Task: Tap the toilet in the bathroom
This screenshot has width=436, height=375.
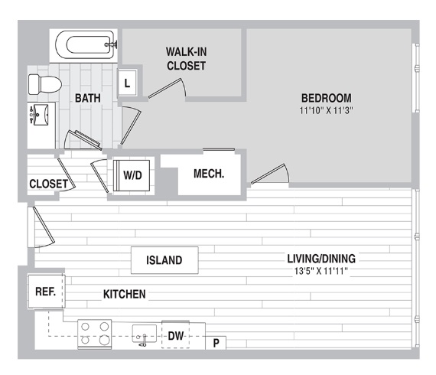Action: (45, 85)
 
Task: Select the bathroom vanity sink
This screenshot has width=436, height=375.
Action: (41, 115)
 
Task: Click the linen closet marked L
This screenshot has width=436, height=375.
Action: (127, 83)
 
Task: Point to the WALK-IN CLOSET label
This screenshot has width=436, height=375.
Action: (187, 59)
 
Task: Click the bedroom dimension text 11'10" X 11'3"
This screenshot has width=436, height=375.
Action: (326, 111)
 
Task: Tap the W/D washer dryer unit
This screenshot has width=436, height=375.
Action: (132, 175)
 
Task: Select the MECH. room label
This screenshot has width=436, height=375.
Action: (209, 174)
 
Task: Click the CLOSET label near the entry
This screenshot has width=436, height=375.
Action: (48, 184)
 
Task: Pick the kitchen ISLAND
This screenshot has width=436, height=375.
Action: (164, 260)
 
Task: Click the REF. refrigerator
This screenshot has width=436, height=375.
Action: (47, 292)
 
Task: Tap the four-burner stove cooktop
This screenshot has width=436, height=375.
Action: (95, 334)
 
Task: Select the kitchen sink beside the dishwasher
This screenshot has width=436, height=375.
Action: (144, 334)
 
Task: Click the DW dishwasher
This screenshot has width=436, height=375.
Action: (176, 335)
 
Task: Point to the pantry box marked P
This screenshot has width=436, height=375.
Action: (216, 343)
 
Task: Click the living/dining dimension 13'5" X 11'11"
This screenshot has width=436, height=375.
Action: (321, 271)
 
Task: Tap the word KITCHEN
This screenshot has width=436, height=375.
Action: (124, 295)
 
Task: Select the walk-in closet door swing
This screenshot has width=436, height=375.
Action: (167, 88)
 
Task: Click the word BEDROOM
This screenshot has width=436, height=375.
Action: (327, 98)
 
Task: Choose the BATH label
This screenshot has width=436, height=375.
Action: (88, 98)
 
